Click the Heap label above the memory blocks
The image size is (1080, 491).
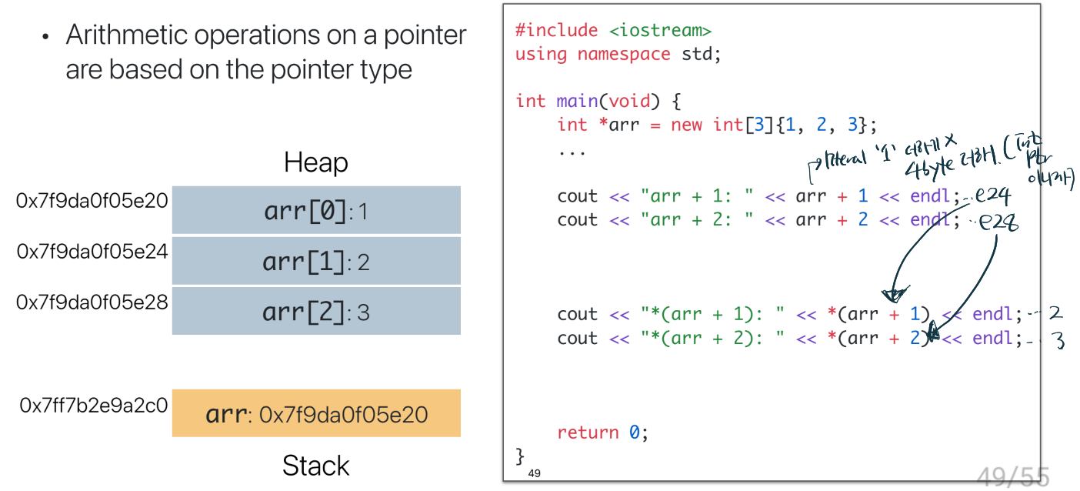click(315, 163)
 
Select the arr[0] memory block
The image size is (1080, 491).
click(316, 210)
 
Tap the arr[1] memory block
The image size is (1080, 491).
click(316, 262)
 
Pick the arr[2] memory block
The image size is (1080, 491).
click(316, 312)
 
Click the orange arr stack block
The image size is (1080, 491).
click(316, 414)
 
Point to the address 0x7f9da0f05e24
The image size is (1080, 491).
click(92, 250)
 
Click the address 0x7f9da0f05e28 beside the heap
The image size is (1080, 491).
click(92, 302)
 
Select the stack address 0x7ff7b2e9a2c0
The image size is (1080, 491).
click(94, 405)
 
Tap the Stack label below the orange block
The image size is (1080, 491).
click(315, 466)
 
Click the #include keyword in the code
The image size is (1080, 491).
click(556, 31)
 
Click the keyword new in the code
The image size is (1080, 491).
click(686, 125)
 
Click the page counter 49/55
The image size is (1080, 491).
click(1013, 477)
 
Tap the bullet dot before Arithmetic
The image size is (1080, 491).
click(46, 36)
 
